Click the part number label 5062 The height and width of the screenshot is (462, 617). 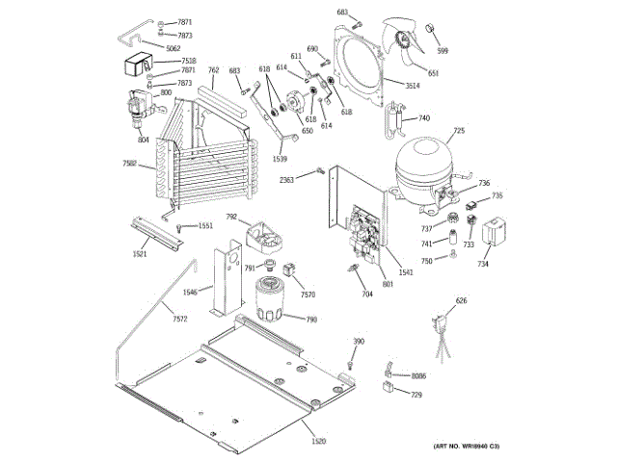[174, 48]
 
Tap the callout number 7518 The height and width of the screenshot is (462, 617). [188, 61]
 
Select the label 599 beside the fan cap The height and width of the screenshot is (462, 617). [443, 51]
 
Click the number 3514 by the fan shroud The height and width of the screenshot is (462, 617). [412, 87]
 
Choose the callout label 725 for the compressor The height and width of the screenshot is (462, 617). [459, 131]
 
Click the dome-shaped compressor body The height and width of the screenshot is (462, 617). [424, 161]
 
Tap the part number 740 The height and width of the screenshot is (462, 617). [423, 118]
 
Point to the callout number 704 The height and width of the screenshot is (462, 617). [366, 294]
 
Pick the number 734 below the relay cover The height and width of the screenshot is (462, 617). [483, 265]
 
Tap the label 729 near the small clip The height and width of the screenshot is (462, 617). [416, 395]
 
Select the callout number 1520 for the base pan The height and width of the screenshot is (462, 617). [318, 440]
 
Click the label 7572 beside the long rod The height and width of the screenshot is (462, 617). [180, 320]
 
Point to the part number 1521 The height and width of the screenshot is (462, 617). [141, 253]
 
